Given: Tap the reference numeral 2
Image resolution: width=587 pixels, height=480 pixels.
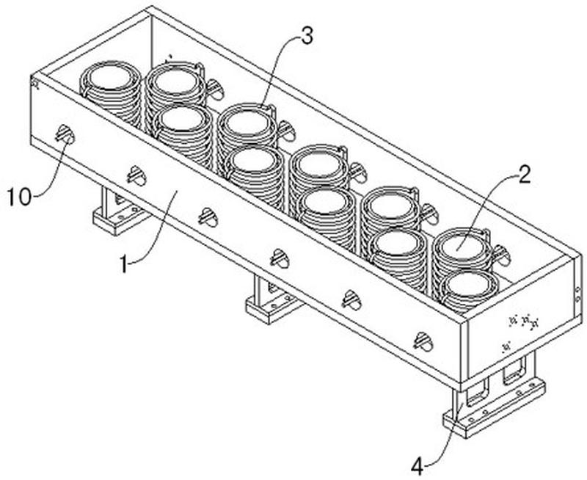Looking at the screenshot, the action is (x=524, y=175).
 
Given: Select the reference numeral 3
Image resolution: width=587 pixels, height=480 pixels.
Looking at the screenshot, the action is (x=307, y=37).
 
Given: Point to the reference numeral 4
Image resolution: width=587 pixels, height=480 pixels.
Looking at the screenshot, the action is (x=418, y=467).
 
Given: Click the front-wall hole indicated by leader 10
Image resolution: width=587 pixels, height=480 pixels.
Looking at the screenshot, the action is (x=65, y=134).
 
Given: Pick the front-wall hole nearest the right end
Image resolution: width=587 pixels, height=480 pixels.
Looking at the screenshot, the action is (x=423, y=341).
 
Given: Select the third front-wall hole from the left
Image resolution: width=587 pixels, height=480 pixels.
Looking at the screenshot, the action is (x=208, y=217).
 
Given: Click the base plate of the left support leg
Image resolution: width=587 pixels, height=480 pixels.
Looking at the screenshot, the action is (x=116, y=220).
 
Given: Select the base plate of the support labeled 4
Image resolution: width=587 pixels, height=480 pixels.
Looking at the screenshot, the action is (x=493, y=408).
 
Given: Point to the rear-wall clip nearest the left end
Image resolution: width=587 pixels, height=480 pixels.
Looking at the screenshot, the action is (x=215, y=89).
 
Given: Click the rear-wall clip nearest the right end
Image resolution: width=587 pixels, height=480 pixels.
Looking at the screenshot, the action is (x=501, y=255).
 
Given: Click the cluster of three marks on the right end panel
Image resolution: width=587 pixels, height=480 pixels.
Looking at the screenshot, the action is (x=525, y=321).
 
